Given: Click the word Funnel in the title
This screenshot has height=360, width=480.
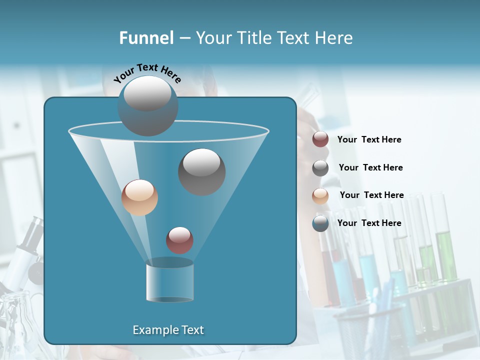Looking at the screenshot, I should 146,38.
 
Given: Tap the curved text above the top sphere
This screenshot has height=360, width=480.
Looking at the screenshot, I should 147,72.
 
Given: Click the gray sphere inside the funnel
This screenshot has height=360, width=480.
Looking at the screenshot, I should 202,172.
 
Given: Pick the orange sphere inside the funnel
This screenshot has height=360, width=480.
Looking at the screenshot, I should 139,197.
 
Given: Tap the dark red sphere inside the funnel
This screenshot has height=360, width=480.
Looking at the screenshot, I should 179,240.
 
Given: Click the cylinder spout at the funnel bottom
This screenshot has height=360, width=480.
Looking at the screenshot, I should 169,282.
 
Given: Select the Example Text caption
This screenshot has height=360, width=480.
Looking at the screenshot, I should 168,330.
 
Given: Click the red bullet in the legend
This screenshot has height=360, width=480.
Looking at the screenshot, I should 320,139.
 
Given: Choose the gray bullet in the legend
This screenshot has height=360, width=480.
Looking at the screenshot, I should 320,168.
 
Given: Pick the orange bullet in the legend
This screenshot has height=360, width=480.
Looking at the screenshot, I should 320,196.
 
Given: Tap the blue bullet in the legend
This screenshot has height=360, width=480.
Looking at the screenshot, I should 320,223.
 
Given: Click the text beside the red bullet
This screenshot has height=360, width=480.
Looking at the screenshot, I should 369,139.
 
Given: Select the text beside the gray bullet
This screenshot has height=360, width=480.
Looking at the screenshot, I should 370,167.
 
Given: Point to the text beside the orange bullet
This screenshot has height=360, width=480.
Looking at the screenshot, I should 371,195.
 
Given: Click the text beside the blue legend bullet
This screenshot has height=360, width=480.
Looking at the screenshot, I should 369,223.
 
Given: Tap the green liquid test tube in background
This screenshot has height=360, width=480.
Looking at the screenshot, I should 445,255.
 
